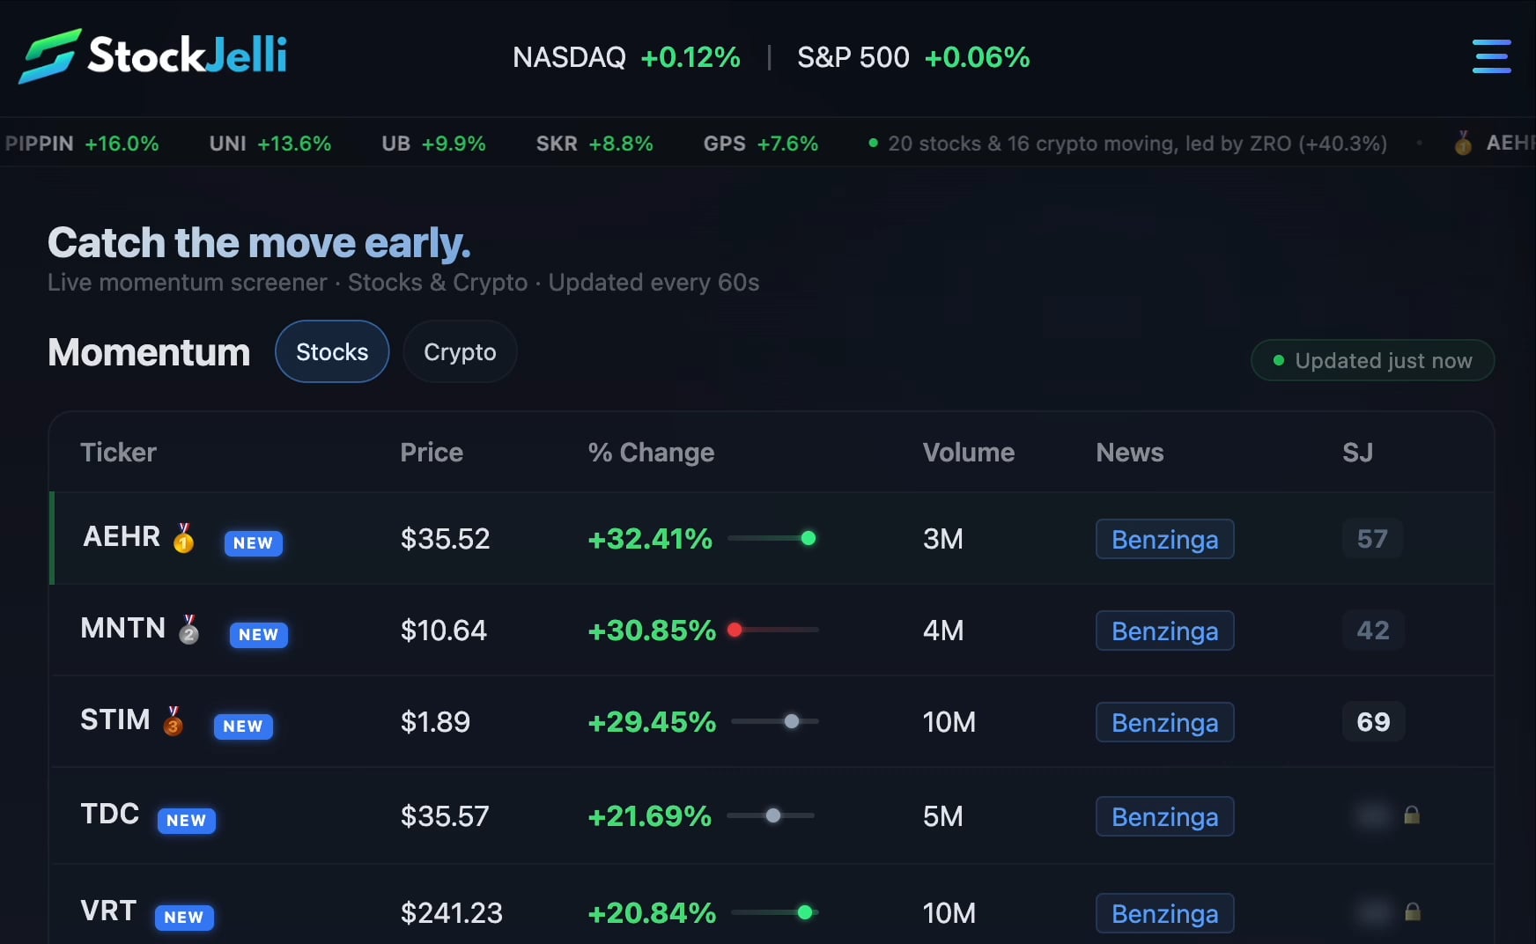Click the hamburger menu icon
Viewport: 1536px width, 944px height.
(1491, 56)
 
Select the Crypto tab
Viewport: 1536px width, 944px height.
(460, 352)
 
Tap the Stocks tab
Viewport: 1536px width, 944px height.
(332, 352)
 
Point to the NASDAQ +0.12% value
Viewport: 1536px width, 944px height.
(690, 57)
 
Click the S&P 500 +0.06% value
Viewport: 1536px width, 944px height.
(977, 57)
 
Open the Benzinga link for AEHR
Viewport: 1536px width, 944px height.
(1164, 539)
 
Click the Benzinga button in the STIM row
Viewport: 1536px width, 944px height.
(1164, 722)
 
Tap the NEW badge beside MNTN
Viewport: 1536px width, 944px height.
(258, 634)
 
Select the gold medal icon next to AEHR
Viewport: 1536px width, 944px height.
(184, 538)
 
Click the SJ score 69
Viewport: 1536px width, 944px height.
(1373, 722)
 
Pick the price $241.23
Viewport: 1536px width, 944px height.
(451, 913)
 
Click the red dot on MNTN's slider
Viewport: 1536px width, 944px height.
(735, 630)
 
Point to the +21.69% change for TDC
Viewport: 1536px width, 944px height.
(649, 816)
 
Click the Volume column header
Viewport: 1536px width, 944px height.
(968, 453)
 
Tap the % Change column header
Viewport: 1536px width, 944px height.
(651, 453)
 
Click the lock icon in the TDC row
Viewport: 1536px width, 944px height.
(1412, 815)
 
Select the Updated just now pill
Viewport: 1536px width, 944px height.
(1372, 361)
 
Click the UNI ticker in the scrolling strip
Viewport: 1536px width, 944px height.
(228, 144)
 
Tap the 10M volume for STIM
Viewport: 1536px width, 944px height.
(949, 722)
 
